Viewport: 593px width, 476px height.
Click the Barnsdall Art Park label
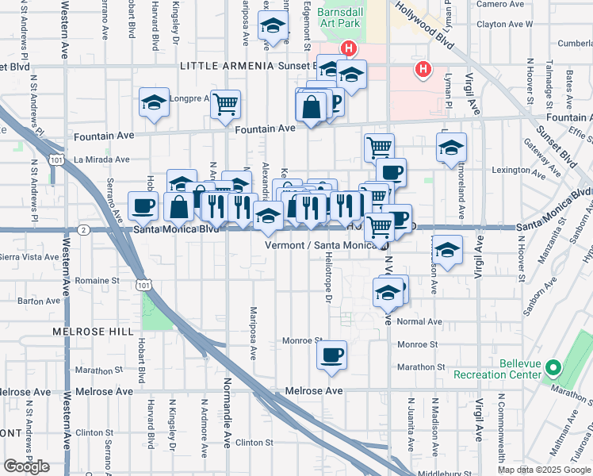(x=339, y=17)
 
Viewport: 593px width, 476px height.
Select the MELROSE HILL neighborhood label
(x=84, y=331)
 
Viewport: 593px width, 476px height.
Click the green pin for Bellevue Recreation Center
(x=555, y=368)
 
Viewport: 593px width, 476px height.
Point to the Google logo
(x=26, y=466)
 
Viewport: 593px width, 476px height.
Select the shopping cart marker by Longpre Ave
(x=226, y=103)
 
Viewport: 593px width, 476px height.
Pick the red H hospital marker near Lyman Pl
(x=424, y=70)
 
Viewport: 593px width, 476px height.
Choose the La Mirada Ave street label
(x=101, y=159)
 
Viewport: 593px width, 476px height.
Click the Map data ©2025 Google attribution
(x=544, y=470)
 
